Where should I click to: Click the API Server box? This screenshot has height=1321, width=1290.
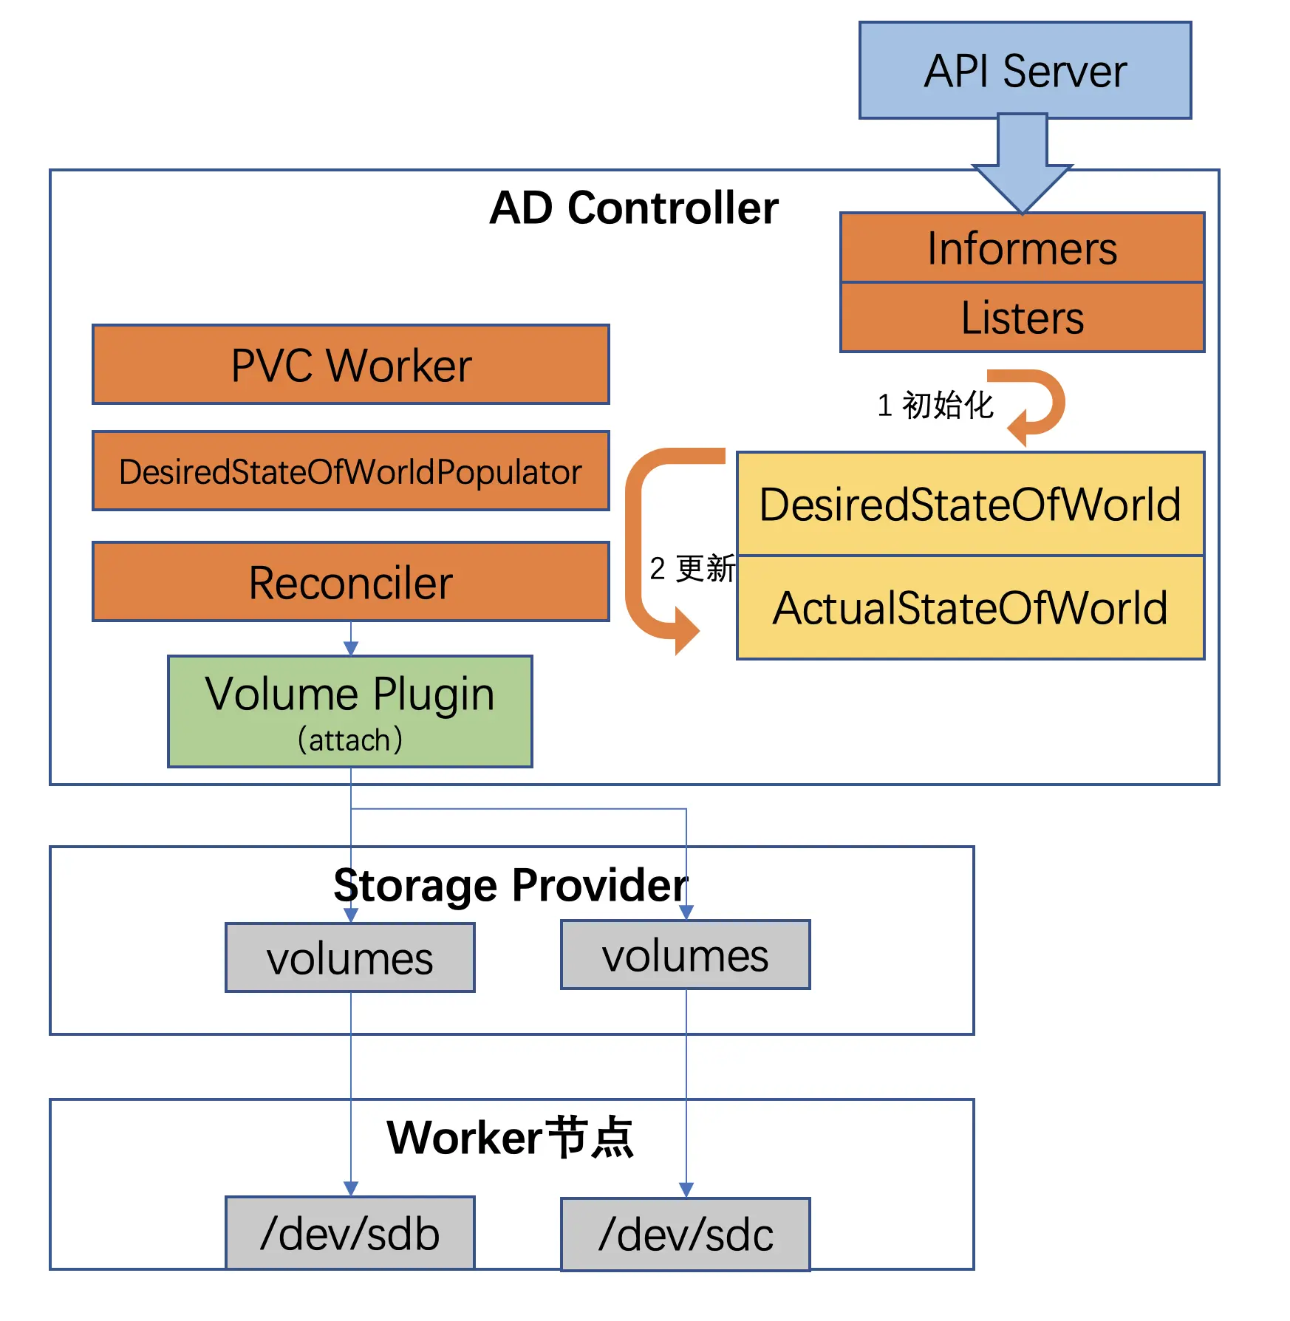click(x=1025, y=71)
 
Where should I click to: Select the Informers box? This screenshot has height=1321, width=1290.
click(x=1022, y=248)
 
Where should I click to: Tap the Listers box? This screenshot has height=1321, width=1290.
click(x=1022, y=318)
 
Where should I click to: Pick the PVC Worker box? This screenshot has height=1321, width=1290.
click(x=351, y=365)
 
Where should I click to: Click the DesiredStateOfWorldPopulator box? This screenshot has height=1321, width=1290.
click(x=351, y=471)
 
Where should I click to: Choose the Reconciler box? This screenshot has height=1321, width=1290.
click(x=351, y=582)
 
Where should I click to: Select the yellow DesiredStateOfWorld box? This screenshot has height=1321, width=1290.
click(x=970, y=505)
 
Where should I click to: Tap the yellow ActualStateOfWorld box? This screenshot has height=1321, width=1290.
click(x=970, y=608)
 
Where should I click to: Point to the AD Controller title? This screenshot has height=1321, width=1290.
click(x=633, y=208)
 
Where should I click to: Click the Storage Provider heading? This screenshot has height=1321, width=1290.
click(x=510, y=884)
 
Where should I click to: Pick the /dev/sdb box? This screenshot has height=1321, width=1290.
click(x=350, y=1234)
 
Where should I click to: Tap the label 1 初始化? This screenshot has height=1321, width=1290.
click(x=935, y=405)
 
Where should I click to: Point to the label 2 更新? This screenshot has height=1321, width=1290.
click(x=692, y=568)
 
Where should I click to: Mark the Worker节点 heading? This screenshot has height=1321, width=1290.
click(x=510, y=1137)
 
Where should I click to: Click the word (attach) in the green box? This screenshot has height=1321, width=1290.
click(x=350, y=740)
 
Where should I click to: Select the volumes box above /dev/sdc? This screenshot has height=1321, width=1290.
click(x=686, y=955)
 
